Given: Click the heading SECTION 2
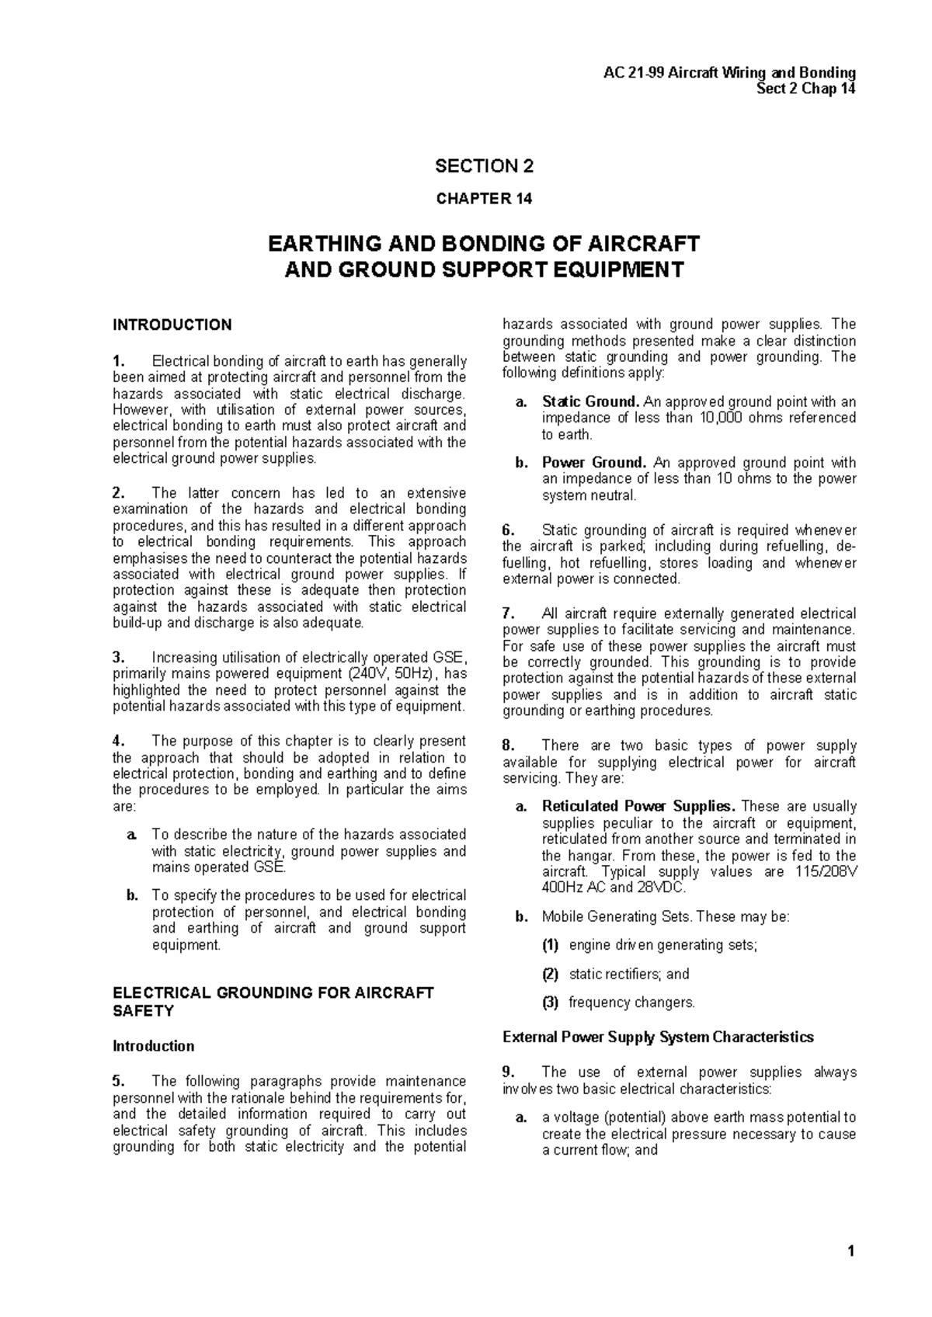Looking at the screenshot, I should [484, 166].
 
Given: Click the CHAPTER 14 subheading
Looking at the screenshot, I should [484, 199].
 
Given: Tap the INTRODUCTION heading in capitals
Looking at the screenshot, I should [172, 325].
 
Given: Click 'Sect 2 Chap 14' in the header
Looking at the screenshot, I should [806, 89].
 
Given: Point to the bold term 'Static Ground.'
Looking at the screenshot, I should [590, 401].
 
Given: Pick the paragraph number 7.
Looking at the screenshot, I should [509, 613].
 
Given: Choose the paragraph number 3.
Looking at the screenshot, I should [118, 657].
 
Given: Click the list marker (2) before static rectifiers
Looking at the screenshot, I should [550, 974].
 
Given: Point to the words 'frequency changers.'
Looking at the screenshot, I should [631, 1003].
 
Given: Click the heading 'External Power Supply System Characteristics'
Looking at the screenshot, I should [658, 1037].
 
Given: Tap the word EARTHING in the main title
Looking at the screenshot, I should [318, 244].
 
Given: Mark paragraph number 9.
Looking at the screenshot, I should [509, 1072].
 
